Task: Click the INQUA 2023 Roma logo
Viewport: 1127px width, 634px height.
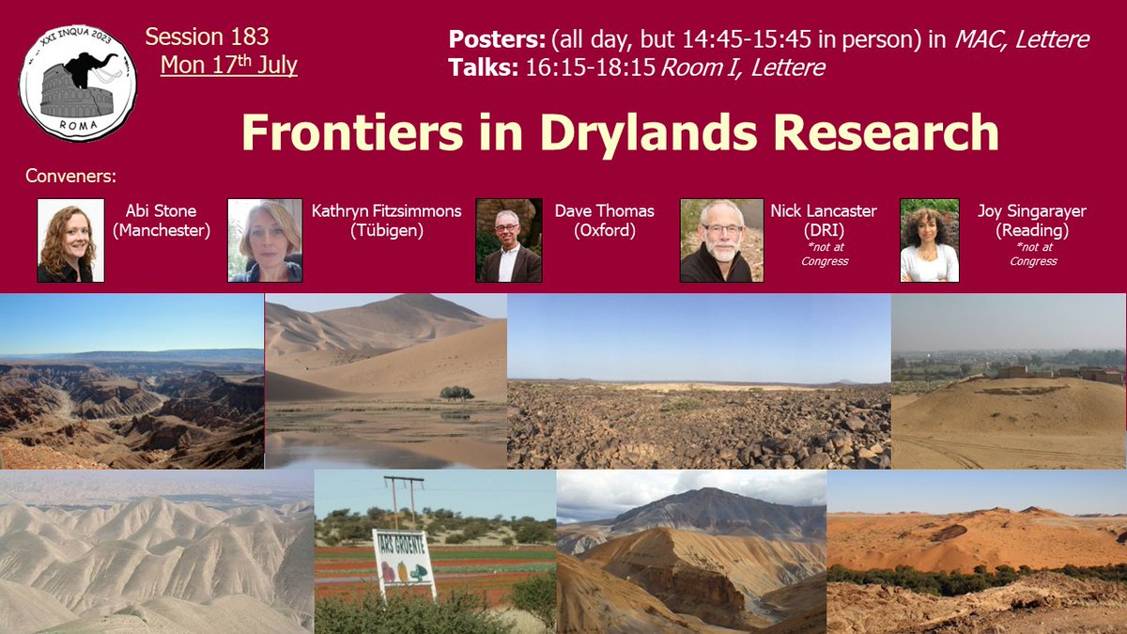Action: coord(78,83)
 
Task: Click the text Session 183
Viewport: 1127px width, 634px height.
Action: coord(207,38)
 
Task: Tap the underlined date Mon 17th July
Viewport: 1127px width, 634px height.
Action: coord(228,66)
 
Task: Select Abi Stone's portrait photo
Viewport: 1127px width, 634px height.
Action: coord(70,240)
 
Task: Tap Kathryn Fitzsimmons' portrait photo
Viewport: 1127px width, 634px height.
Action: coord(264,240)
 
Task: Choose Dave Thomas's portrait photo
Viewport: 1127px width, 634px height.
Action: coord(508,240)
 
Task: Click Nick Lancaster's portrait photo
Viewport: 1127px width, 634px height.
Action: coord(721,240)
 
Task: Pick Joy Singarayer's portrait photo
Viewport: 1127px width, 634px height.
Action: coord(929,240)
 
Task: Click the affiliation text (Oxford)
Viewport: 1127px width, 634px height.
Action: coord(604,229)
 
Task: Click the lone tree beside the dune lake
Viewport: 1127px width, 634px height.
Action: coord(456,393)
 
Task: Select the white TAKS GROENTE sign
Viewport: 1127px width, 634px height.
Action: coord(404,563)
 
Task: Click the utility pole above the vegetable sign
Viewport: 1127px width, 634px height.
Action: coord(405,503)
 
